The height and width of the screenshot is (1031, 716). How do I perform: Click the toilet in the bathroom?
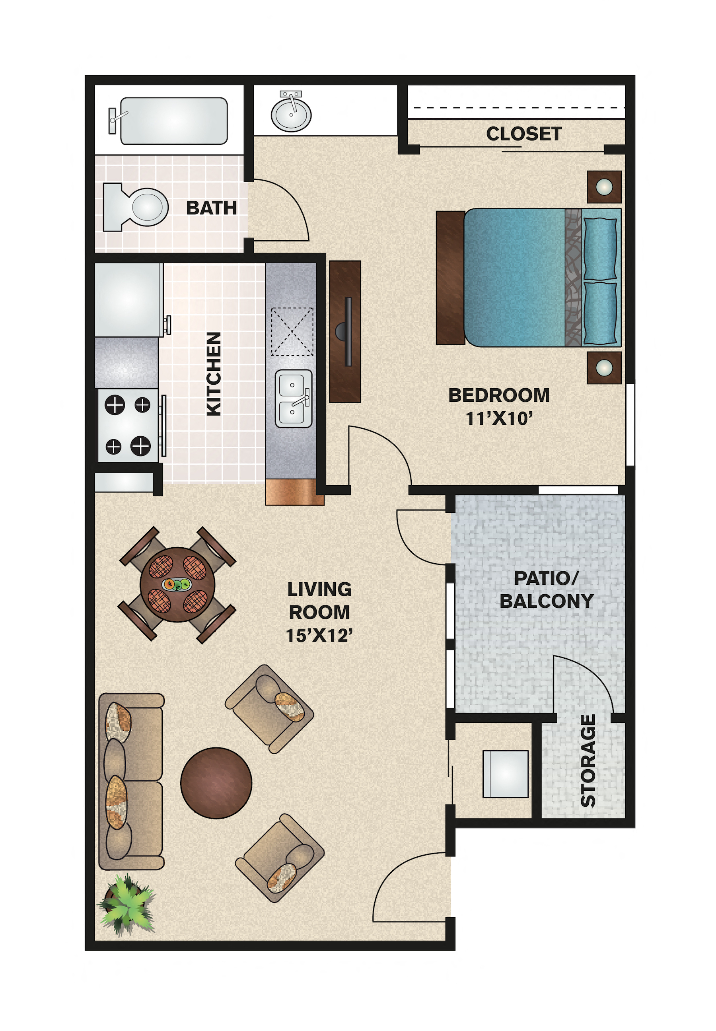coord(139,207)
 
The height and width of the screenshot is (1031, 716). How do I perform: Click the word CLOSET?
coord(523,134)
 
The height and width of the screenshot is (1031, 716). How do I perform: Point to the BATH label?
coord(211,208)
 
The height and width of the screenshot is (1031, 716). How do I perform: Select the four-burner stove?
coord(128,425)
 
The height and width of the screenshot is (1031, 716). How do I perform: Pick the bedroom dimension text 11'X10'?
coord(499,418)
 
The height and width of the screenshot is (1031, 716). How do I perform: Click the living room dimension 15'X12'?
coord(319,635)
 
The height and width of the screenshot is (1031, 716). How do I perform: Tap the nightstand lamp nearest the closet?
coord(604,187)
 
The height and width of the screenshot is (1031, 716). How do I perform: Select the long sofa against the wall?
coord(131,781)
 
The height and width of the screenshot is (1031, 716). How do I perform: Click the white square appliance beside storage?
coord(505,774)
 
